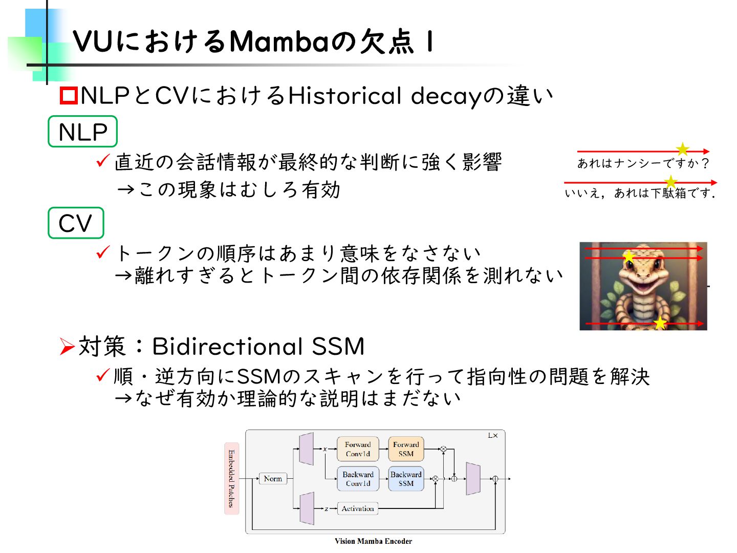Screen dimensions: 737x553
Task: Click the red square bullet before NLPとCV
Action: (x=69, y=96)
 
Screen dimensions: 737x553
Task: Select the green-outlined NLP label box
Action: (x=82, y=132)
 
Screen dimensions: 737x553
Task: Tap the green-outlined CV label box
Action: (x=76, y=223)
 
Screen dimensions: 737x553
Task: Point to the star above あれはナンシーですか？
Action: (x=682, y=149)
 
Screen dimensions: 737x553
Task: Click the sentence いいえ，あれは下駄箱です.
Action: (x=640, y=193)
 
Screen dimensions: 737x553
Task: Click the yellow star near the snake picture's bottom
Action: (x=660, y=323)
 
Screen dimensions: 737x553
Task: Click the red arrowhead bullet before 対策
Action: (x=67, y=347)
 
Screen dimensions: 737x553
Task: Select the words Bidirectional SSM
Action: (x=258, y=347)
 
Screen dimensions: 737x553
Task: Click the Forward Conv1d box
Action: (x=358, y=449)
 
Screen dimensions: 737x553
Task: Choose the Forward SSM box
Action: (x=406, y=449)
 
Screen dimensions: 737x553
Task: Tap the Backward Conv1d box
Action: (x=358, y=479)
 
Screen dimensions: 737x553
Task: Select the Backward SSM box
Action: (x=406, y=479)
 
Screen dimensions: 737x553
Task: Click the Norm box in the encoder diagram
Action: (x=273, y=479)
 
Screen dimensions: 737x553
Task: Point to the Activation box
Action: (x=358, y=508)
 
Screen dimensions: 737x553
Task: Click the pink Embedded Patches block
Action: (x=231, y=478)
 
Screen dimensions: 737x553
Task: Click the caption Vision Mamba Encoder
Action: (x=373, y=541)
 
